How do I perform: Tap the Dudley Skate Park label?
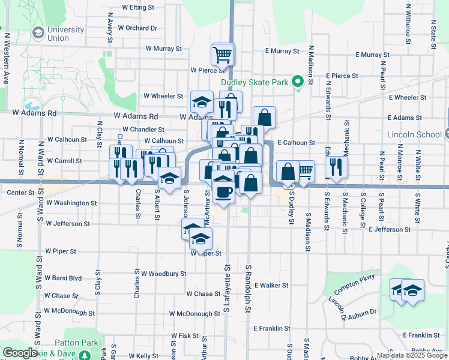point(255,83)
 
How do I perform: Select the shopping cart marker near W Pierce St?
point(222,55)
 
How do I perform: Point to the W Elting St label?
point(138,8)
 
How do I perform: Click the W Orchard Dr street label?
point(137,28)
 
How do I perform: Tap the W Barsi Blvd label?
point(63,278)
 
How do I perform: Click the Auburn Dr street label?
point(361,312)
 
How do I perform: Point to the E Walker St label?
point(271,286)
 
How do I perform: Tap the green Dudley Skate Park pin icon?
point(297,83)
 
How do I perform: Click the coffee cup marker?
point(223,191)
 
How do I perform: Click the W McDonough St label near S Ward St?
point(69,313)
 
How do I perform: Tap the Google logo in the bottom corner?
point(20,353)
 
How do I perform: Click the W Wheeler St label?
point(163,96)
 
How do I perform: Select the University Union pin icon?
point(38,32)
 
